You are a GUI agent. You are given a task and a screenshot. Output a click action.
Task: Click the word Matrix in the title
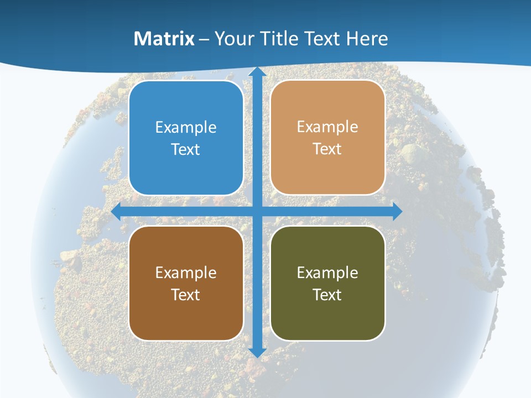pyautogui.click(x=164, y=39)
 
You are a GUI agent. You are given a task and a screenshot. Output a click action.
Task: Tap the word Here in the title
pyautogui.click(x=367, y=39)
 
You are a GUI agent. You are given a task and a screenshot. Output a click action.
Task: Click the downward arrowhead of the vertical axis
pyautogui.click(x=257, y=352)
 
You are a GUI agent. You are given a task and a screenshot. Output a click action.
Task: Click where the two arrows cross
pyautogui.click(x=257, y=211)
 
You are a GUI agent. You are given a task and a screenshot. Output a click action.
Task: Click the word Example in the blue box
pyautogui.click(x=186, y=128)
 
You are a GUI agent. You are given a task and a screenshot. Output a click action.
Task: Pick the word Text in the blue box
pyautogui.click(x=186, y=149)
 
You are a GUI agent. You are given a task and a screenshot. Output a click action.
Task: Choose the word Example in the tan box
pyautogui.click(x=327, y=127)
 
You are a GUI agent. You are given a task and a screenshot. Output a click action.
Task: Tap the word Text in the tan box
pyautogui.click(x=327, y=149)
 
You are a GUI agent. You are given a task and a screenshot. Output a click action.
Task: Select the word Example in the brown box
pyautogui.click(x=186, y=273)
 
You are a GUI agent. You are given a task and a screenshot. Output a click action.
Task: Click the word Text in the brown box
pyautogui.click(x=186, y=294)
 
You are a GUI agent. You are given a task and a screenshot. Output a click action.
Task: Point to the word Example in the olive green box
pyautogui.click(x=327, y=273)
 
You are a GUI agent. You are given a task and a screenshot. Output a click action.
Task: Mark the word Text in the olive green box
pyautogui.click(x=327, y=294)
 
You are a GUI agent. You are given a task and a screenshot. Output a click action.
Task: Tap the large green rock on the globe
pyautogui.click(x=411, y=154)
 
